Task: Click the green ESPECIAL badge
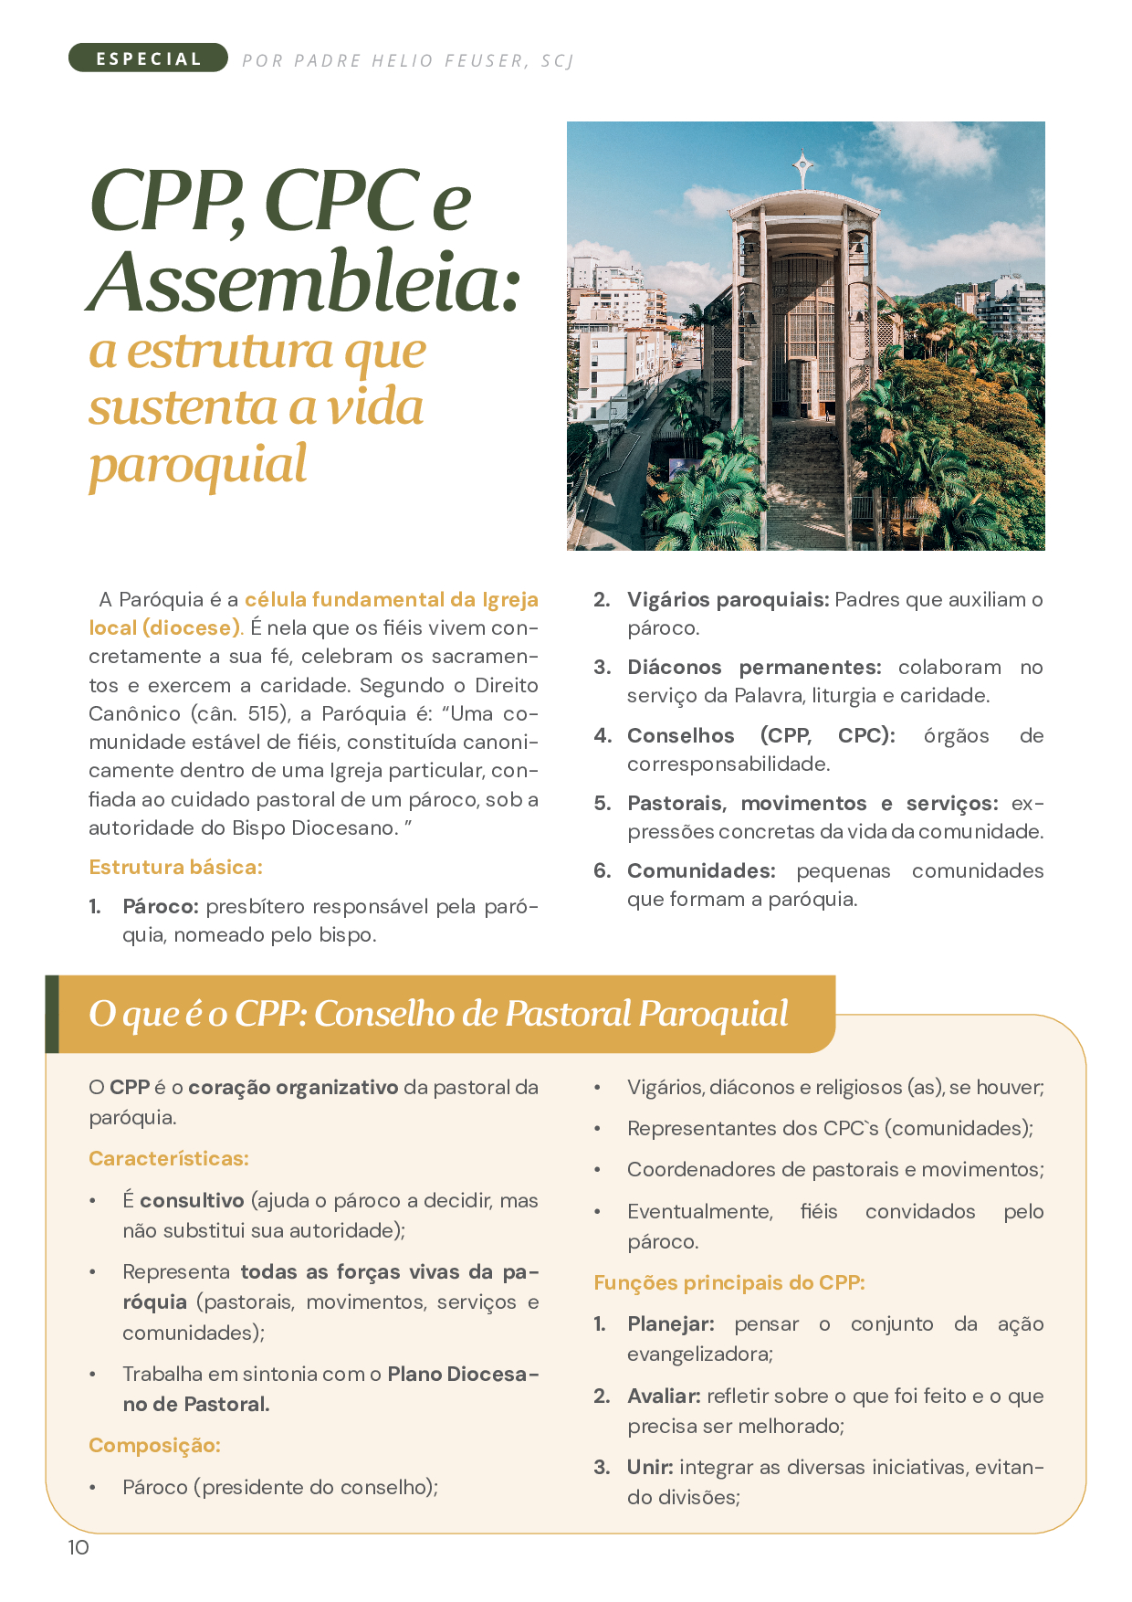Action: pos(148,58)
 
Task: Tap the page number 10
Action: pos(79,1547)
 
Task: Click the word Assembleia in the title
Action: pos(305,281)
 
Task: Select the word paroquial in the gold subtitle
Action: pos(198,465)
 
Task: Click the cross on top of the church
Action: pos(803,166)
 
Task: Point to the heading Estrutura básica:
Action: pos(175,867)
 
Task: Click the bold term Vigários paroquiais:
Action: pos(728,600)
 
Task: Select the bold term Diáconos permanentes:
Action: pos(754,668)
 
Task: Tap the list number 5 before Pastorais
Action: pos(602,804)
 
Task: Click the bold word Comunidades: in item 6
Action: pos(701,871)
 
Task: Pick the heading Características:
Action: pos(169,1159)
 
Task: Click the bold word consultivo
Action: pos(192,1201)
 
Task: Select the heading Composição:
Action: pos(154,1446)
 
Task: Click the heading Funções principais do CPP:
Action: pos(729,1283)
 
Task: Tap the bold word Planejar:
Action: pos(671,1324)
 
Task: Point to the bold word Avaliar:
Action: pos(664,1396)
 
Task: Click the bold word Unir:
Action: pos(650,1468)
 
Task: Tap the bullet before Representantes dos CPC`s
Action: pos(598,1130)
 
